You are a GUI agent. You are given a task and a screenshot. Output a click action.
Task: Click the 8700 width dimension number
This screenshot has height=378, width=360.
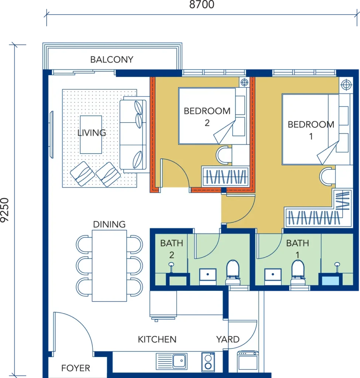(x=201, y=4)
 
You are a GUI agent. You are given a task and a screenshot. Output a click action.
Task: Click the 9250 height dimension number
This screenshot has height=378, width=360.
(x=5, y=210)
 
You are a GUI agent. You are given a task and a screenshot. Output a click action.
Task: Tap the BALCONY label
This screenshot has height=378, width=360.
(x=112, y=59)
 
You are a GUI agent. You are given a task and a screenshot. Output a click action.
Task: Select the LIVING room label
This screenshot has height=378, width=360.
(x=92, y=133)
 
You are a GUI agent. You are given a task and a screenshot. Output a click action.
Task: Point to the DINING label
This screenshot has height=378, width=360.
(x=109, y=224)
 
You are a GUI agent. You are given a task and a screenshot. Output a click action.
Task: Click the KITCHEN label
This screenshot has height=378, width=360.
(x=157, y=340)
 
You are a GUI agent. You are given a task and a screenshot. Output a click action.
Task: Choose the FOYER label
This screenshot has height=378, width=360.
(x=75, y=368)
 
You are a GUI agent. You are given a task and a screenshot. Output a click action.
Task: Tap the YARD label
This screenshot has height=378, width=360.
(x=228, y=340)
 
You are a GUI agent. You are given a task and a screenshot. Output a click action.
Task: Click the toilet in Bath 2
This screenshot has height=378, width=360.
(x=233, y=273)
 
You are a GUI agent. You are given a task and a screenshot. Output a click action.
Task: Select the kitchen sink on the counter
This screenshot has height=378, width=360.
(x=171, y=361)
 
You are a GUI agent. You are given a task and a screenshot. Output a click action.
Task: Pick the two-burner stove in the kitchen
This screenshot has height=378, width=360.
(x=208, y=362)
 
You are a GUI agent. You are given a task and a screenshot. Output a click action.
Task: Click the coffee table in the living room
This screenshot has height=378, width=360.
(x=91, y=134)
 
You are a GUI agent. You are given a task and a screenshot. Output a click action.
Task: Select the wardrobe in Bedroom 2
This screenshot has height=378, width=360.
(x=225, y=176)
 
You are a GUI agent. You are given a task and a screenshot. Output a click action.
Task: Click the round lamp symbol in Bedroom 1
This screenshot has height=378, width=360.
(x=346, y=85)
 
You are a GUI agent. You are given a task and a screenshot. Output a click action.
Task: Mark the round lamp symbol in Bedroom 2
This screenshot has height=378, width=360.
(x=244, y=82)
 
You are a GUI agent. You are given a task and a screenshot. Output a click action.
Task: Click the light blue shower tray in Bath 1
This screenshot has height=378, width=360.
(x=330, y=281)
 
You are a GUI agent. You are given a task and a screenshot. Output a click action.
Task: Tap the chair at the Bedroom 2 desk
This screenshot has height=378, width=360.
(x=224, y=155)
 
